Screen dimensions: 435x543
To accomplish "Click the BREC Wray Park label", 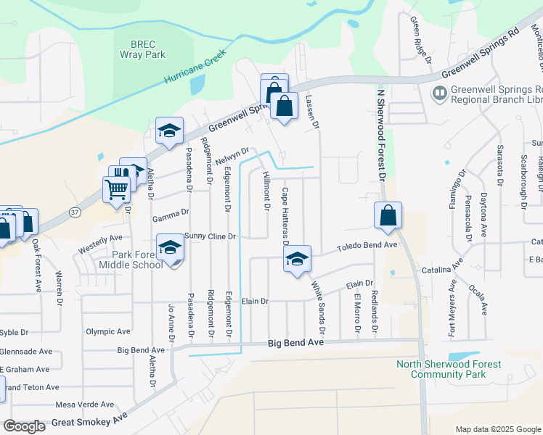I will (x=144, y=49).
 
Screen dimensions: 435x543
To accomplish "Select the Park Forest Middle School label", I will (x=128, y=259).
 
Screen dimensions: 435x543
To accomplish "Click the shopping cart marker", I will (x=116, y=189).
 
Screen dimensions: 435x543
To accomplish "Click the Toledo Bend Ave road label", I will (x=367, y=246).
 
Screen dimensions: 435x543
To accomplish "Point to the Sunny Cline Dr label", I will (x=211, y=236).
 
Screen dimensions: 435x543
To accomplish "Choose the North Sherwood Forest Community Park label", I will (x=447, y=369).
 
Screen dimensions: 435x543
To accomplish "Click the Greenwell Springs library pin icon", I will (x=439, y=93).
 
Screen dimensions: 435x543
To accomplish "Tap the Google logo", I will (x=25, y=426).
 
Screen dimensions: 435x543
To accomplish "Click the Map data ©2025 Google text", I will (x=497, y=429).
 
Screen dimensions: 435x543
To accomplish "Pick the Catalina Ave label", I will (x=443, y=270).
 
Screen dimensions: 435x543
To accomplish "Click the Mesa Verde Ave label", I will (x=85, y=405).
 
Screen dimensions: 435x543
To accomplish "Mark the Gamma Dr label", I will (x=171, y=214).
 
